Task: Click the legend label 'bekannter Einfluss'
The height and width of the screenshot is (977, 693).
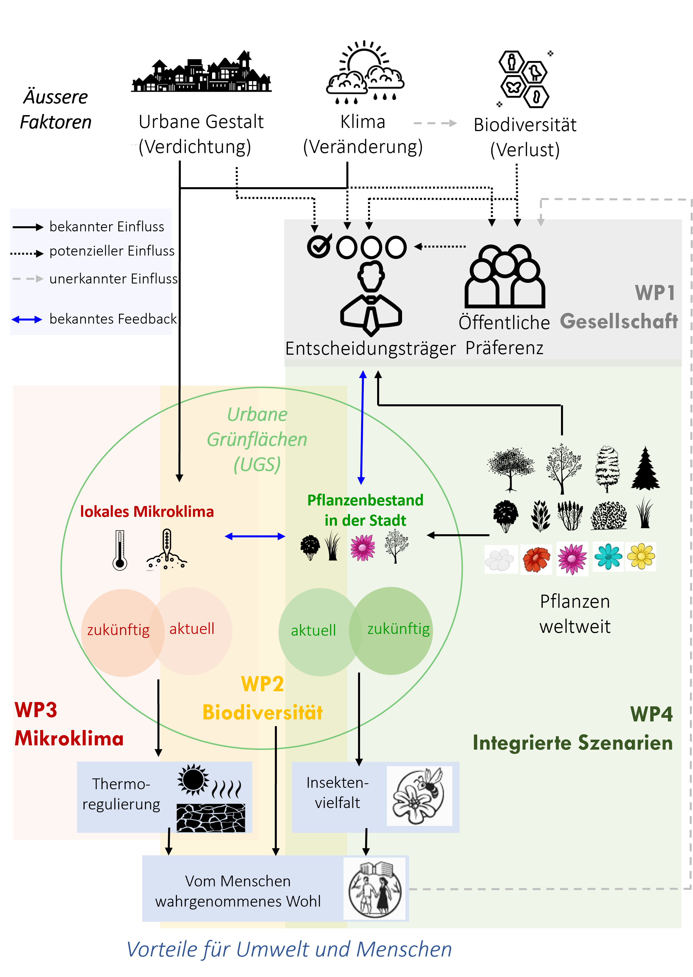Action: tap(107, 227)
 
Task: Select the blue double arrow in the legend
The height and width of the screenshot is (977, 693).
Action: tap(27, 319)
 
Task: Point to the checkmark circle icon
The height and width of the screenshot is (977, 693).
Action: tap(319, 246)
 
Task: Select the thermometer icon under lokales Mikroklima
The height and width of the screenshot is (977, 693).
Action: tap(120, 550)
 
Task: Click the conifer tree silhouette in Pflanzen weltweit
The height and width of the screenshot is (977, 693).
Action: tap(645, 468)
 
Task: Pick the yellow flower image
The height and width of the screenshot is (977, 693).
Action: tap(641, 556)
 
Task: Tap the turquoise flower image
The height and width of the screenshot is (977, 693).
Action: tap(608, 556)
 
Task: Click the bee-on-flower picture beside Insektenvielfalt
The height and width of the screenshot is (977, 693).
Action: tap(419, 796)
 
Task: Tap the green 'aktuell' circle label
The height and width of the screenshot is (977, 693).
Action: tap(313, 630)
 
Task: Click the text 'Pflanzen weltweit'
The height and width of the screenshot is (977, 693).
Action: tap(574, 614)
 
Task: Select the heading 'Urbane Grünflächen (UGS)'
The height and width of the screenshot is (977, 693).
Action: tap(257, 439)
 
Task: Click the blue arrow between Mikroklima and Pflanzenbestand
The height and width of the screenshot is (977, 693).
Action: tap(255, 537)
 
